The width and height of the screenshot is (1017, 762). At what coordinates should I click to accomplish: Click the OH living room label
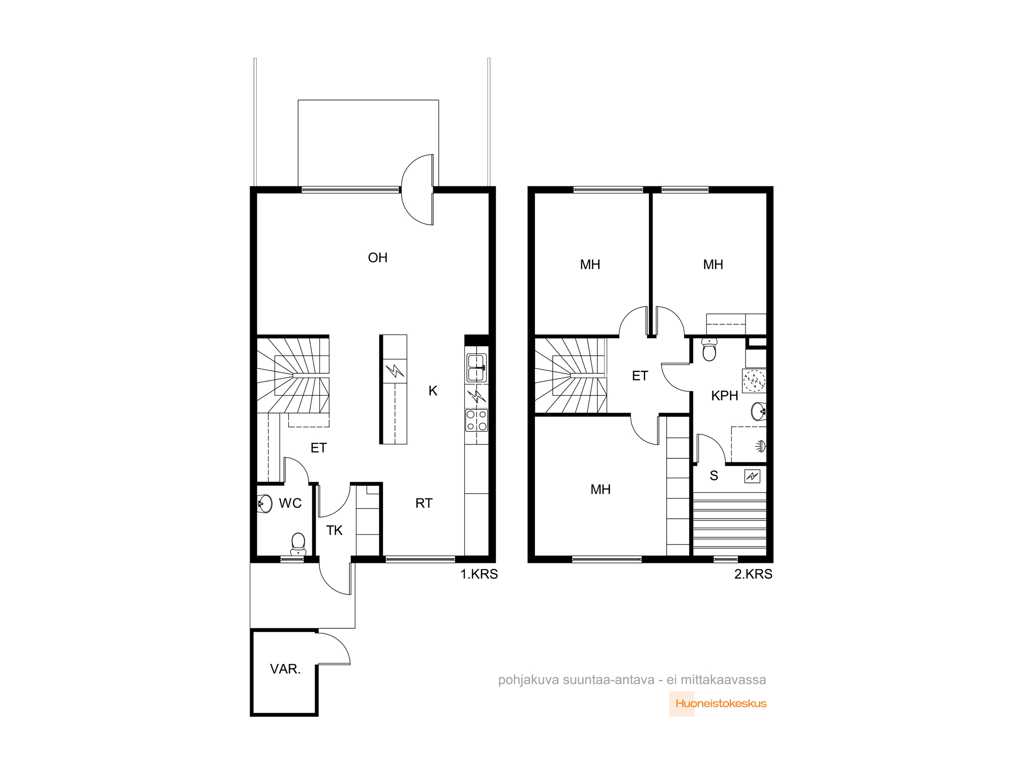tap(377, 258)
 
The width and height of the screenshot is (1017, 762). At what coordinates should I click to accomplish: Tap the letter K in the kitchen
tap(433, 391)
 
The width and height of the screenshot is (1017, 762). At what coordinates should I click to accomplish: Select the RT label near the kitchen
tap(424, 503)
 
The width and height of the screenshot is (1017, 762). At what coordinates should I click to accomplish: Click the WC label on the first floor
tap(290, 503)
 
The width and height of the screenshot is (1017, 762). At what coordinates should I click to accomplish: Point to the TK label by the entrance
tap(334, 530)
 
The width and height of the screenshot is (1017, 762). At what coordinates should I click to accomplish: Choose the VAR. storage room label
tap(285, 669)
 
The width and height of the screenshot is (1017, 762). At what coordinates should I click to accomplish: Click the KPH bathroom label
tap(725, 396)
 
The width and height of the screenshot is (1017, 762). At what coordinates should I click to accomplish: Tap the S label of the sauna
tap(714, 475)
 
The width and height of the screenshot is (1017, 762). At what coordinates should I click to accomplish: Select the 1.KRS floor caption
tap(479, 574)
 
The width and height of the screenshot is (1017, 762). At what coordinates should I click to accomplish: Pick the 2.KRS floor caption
tap(753, 574)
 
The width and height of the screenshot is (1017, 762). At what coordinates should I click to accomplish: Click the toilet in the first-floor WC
tap(298, 544)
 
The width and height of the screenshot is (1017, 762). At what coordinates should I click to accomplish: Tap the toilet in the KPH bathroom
tap(709, 350)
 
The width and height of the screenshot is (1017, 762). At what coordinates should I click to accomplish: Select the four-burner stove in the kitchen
tap(476, 420)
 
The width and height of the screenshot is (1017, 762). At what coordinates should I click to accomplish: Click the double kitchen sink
tap(476, 367)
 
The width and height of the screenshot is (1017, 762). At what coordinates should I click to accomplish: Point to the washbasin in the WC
tap(264, 503)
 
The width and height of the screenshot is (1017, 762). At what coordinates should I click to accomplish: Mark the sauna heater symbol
tap(752, 476)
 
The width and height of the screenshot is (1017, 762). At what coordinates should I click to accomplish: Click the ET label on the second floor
tap(640, 376)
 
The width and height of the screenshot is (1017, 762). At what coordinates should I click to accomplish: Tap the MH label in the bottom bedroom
tap(601, 489)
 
